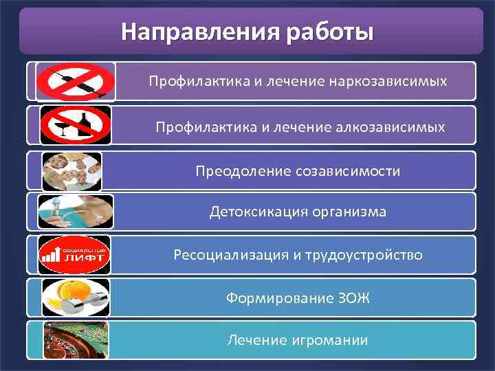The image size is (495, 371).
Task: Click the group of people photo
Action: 71,170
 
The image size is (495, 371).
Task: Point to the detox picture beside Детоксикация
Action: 74,212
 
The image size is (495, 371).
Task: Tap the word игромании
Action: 329,340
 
